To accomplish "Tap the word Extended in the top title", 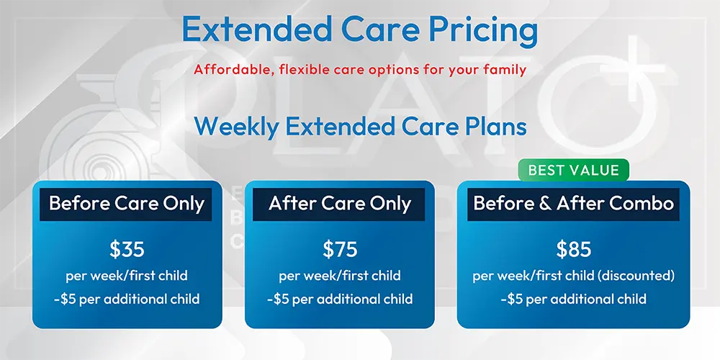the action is tap(257, 29).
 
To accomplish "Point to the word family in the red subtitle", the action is tap(506, 71).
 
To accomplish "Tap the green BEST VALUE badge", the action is tap(574, 171).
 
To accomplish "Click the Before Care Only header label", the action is tap(126, 204).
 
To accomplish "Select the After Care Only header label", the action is tap(339, 204).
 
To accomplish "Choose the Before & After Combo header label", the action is tap(574, 204).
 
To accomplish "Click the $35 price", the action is tap(127, 249).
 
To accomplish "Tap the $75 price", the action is tap(340, 249).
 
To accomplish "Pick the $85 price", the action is tap(574, 249).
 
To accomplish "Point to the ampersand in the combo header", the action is tap(546, 204).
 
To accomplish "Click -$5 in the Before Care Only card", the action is tap(65, 300).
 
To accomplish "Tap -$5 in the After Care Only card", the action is tap(278, 300).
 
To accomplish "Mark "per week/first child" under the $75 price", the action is tap(340, 276).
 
